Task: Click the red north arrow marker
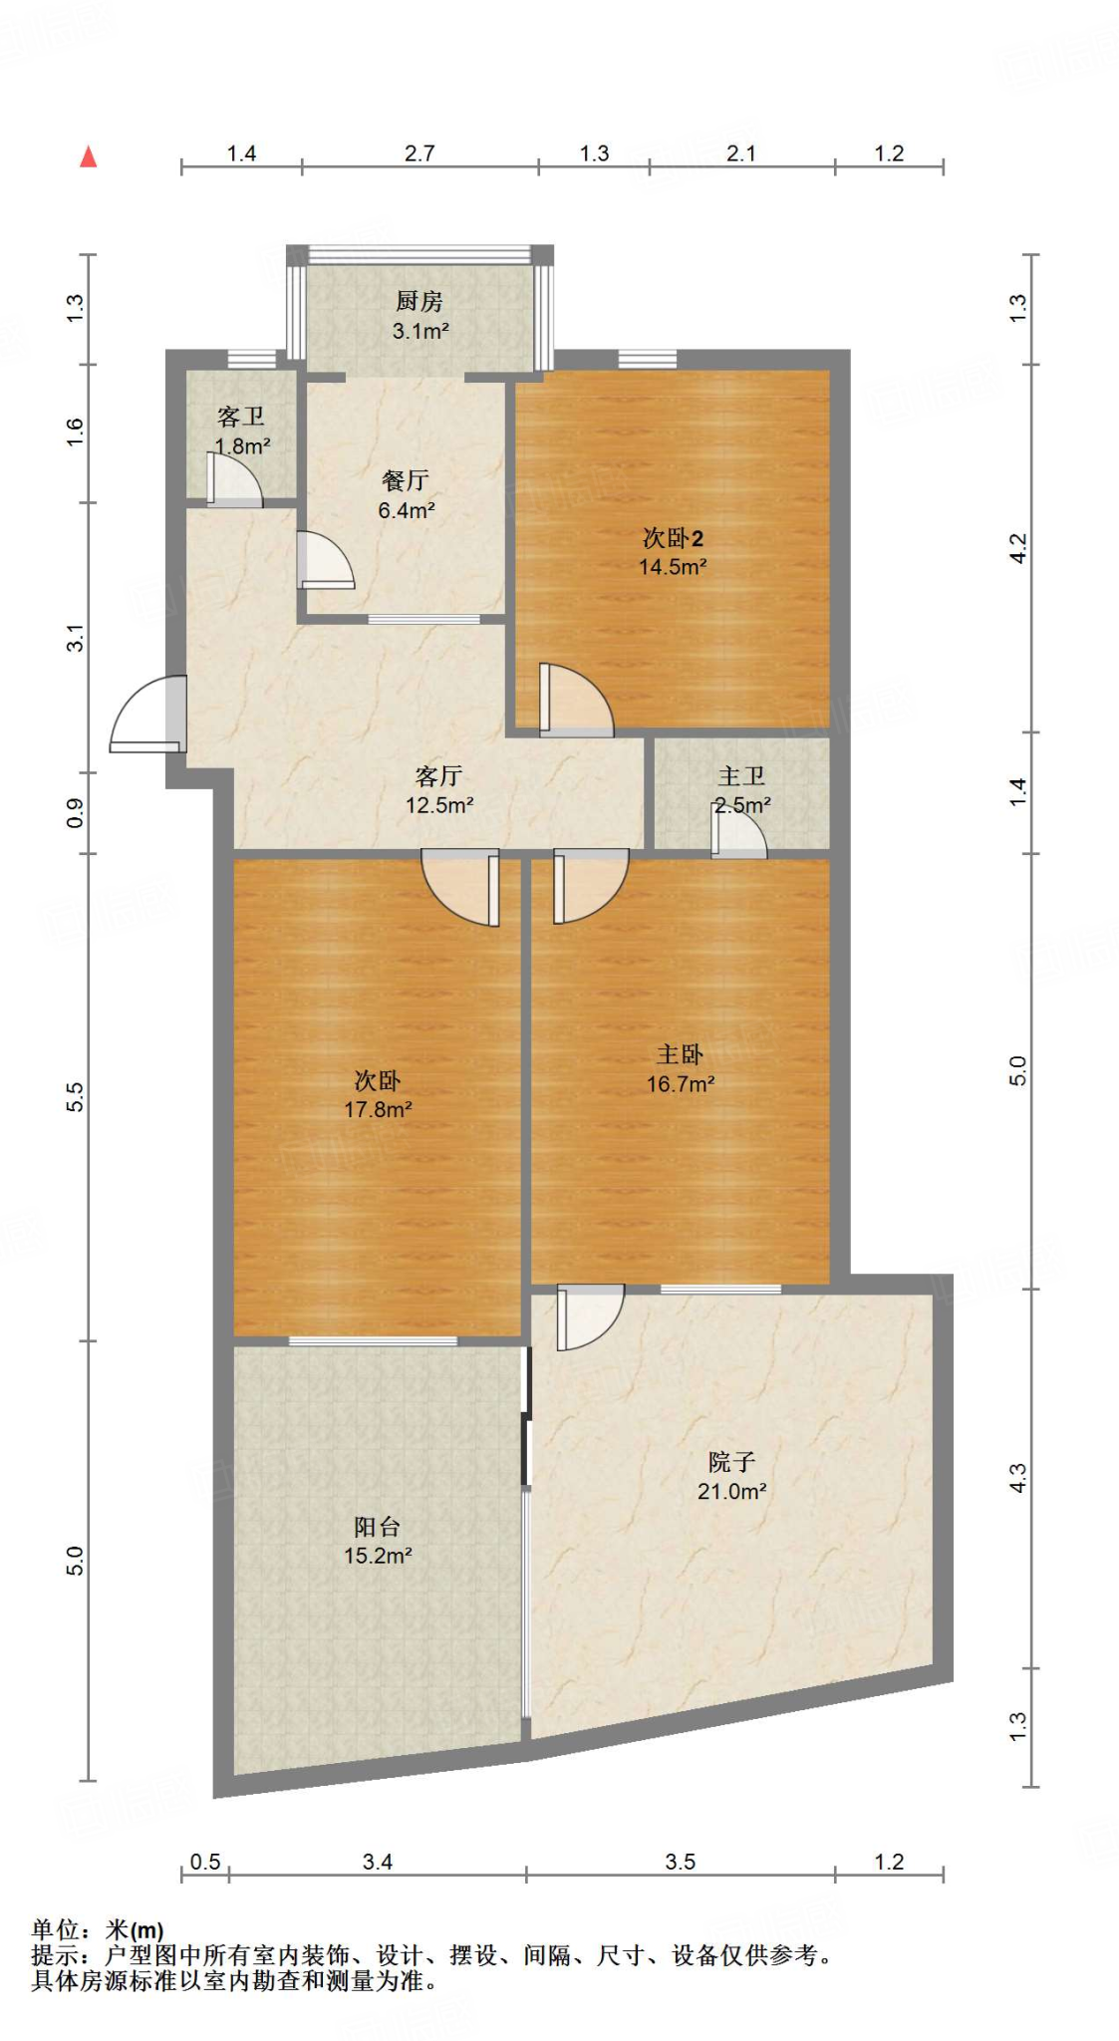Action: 89,156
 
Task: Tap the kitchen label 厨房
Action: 419,301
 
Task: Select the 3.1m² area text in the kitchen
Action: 420,331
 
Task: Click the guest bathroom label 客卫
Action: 241,416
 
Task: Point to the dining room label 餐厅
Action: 406,480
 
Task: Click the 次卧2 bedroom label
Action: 673,538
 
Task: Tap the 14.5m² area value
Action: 673,567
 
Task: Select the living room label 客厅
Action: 438,775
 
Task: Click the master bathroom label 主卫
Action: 741,775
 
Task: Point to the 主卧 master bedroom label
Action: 680,1054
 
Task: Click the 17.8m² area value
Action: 378,1109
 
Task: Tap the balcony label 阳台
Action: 378,1526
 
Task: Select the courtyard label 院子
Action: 731,1462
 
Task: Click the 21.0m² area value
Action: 731,1492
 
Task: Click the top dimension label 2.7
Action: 420,153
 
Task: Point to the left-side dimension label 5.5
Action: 76,1097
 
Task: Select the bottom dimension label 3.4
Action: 378,1862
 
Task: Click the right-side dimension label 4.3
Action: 1016,1478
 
